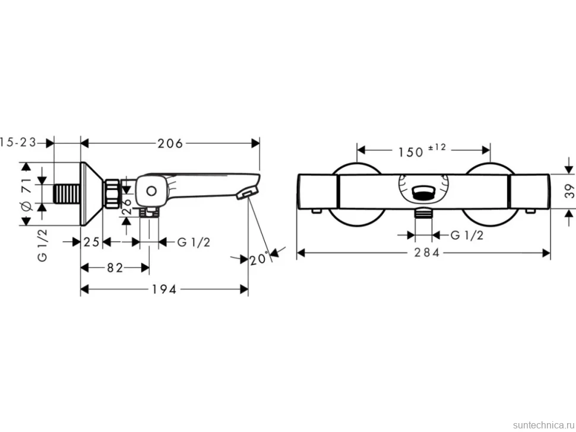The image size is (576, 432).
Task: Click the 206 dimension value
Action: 170,143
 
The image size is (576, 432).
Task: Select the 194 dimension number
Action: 164,289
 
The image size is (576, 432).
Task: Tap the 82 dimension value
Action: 115,268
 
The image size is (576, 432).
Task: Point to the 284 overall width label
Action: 426,253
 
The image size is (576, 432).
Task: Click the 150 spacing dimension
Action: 411,152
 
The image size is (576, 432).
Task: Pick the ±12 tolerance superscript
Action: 437,148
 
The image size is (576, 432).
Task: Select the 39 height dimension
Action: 569,191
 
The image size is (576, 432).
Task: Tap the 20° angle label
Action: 259,259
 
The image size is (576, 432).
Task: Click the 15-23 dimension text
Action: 18,142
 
